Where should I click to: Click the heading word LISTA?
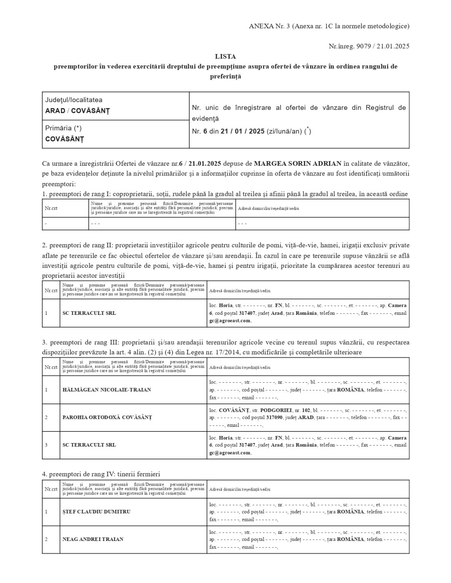225,56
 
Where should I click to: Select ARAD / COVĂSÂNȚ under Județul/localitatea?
77,111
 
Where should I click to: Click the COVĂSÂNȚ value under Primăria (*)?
65,139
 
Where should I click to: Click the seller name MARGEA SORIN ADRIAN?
298,163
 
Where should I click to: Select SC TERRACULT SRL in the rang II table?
89,313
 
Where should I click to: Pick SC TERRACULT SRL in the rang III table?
89,445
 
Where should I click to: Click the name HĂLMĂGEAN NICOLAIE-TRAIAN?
106,390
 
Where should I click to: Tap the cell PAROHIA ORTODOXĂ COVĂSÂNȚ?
107,417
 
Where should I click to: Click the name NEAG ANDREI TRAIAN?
90,539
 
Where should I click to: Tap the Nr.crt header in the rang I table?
51,208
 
